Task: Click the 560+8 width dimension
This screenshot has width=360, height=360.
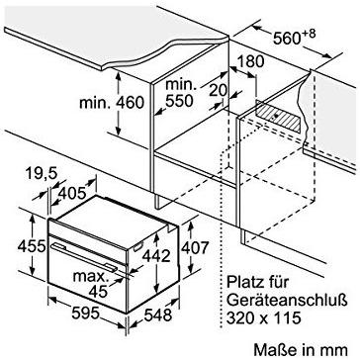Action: (x=300, y=41)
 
